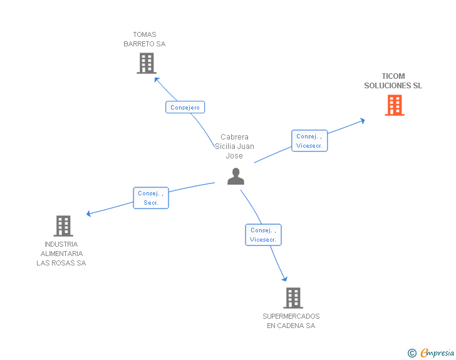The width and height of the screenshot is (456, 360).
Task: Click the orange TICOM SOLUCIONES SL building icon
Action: click(394, 105)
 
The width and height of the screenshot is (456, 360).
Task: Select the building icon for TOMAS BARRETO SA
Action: click(146, 63)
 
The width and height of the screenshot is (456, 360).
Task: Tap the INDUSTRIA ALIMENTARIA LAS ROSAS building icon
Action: click(63, 226)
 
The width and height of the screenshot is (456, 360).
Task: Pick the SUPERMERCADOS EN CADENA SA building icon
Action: click(293, 298)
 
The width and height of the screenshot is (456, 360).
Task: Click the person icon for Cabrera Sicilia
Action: click(236, 177)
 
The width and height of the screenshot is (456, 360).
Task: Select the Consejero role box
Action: click(185, 107)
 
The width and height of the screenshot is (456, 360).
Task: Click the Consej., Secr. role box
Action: click(150, 198)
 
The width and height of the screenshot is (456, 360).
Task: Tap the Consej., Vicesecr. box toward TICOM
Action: click(309, 141)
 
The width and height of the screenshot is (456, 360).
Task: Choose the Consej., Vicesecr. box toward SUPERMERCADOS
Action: click(263, 235)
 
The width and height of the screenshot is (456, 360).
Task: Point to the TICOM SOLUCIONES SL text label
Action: click(393, 81)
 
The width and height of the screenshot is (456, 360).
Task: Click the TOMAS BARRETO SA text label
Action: click(145, 39)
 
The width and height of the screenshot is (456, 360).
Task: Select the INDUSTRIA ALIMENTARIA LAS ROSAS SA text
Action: click(61, 254)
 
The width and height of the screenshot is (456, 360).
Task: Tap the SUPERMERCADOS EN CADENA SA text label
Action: click(291, 321)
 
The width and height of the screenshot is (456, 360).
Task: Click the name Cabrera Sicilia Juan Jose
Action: click(235, 146)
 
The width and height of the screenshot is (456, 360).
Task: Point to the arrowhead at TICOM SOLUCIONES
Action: click(362, 120)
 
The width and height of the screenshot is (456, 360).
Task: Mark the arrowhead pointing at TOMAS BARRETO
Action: click(157, 80)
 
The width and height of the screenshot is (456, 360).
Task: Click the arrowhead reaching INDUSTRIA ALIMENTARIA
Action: click(89, 214)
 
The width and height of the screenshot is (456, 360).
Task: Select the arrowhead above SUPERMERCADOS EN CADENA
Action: click(285, 279)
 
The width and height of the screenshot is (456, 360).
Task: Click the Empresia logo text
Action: click(437, 352)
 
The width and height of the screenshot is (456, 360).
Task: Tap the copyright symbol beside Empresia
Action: click(412, 353)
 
